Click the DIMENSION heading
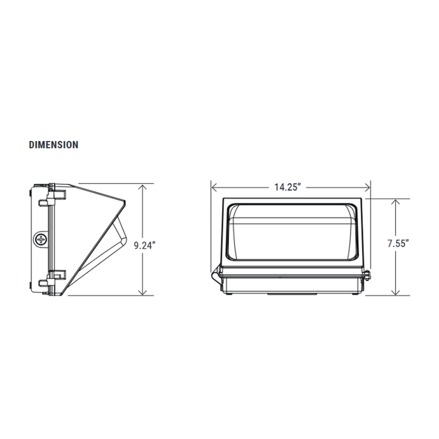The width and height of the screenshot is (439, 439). pyautogui.click(x=54, y=145)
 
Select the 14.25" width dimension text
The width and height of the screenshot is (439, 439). pyautogui.click(x=288, y=187)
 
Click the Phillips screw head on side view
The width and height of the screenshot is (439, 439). pyautogui.click(x=42, y=239)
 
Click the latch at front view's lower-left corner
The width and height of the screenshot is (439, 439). pyautogui.click(x=216, y=273)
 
